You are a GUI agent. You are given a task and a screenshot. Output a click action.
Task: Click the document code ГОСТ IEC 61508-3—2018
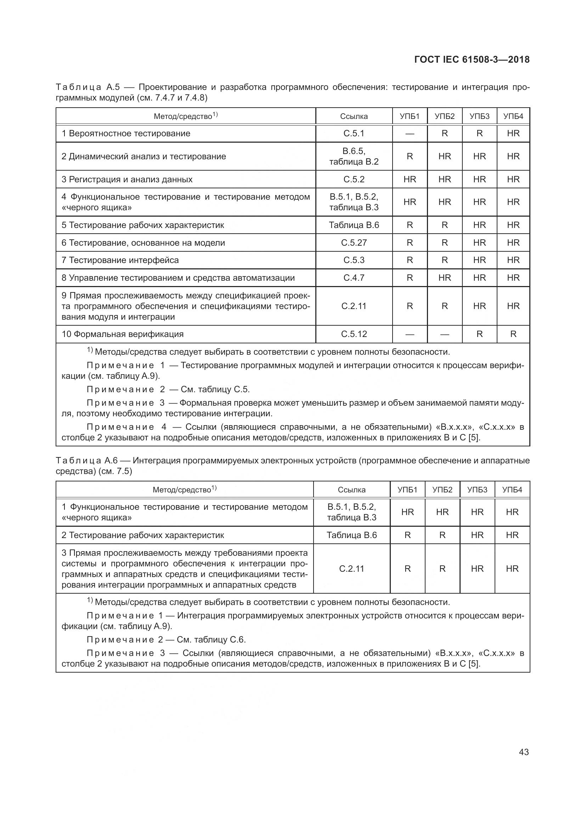click(x=472, y=59)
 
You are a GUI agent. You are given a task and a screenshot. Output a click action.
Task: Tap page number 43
click(x=524, y=752)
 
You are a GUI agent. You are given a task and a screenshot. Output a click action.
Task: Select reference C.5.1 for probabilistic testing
click(x=354, y=133)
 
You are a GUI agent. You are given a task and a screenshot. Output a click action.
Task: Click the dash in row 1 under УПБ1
click(x=410, y=134)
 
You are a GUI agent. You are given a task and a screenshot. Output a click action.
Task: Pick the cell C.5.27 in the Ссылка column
click(x=354, y=243)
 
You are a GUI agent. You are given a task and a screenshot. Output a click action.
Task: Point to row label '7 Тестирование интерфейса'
click(x=120, y=260)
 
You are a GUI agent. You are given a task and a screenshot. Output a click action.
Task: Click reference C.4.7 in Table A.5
click(x=354, y=278)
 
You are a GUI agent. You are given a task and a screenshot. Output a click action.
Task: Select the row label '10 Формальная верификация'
click(x=123, y=334)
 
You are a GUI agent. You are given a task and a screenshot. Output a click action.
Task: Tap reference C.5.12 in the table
click(x=354, y=334)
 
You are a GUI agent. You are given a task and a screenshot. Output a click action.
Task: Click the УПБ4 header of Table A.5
click(x=513, y=116)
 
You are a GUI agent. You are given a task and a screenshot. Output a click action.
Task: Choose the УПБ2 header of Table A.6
click(x=443, y=490)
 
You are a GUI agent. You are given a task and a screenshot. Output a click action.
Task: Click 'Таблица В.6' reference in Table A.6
click(x=351, y=535)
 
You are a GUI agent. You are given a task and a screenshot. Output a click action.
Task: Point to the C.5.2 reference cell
click(x=354, y=179)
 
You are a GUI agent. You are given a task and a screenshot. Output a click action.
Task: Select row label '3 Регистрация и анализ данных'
click(x=127, y=179)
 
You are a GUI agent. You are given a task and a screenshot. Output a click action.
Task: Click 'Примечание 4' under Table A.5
click(x=126, y=427)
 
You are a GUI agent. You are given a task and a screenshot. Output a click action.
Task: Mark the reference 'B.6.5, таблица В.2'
click(x=354, y=156)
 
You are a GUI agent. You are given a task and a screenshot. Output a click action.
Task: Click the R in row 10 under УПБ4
click(x=513, y=334)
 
